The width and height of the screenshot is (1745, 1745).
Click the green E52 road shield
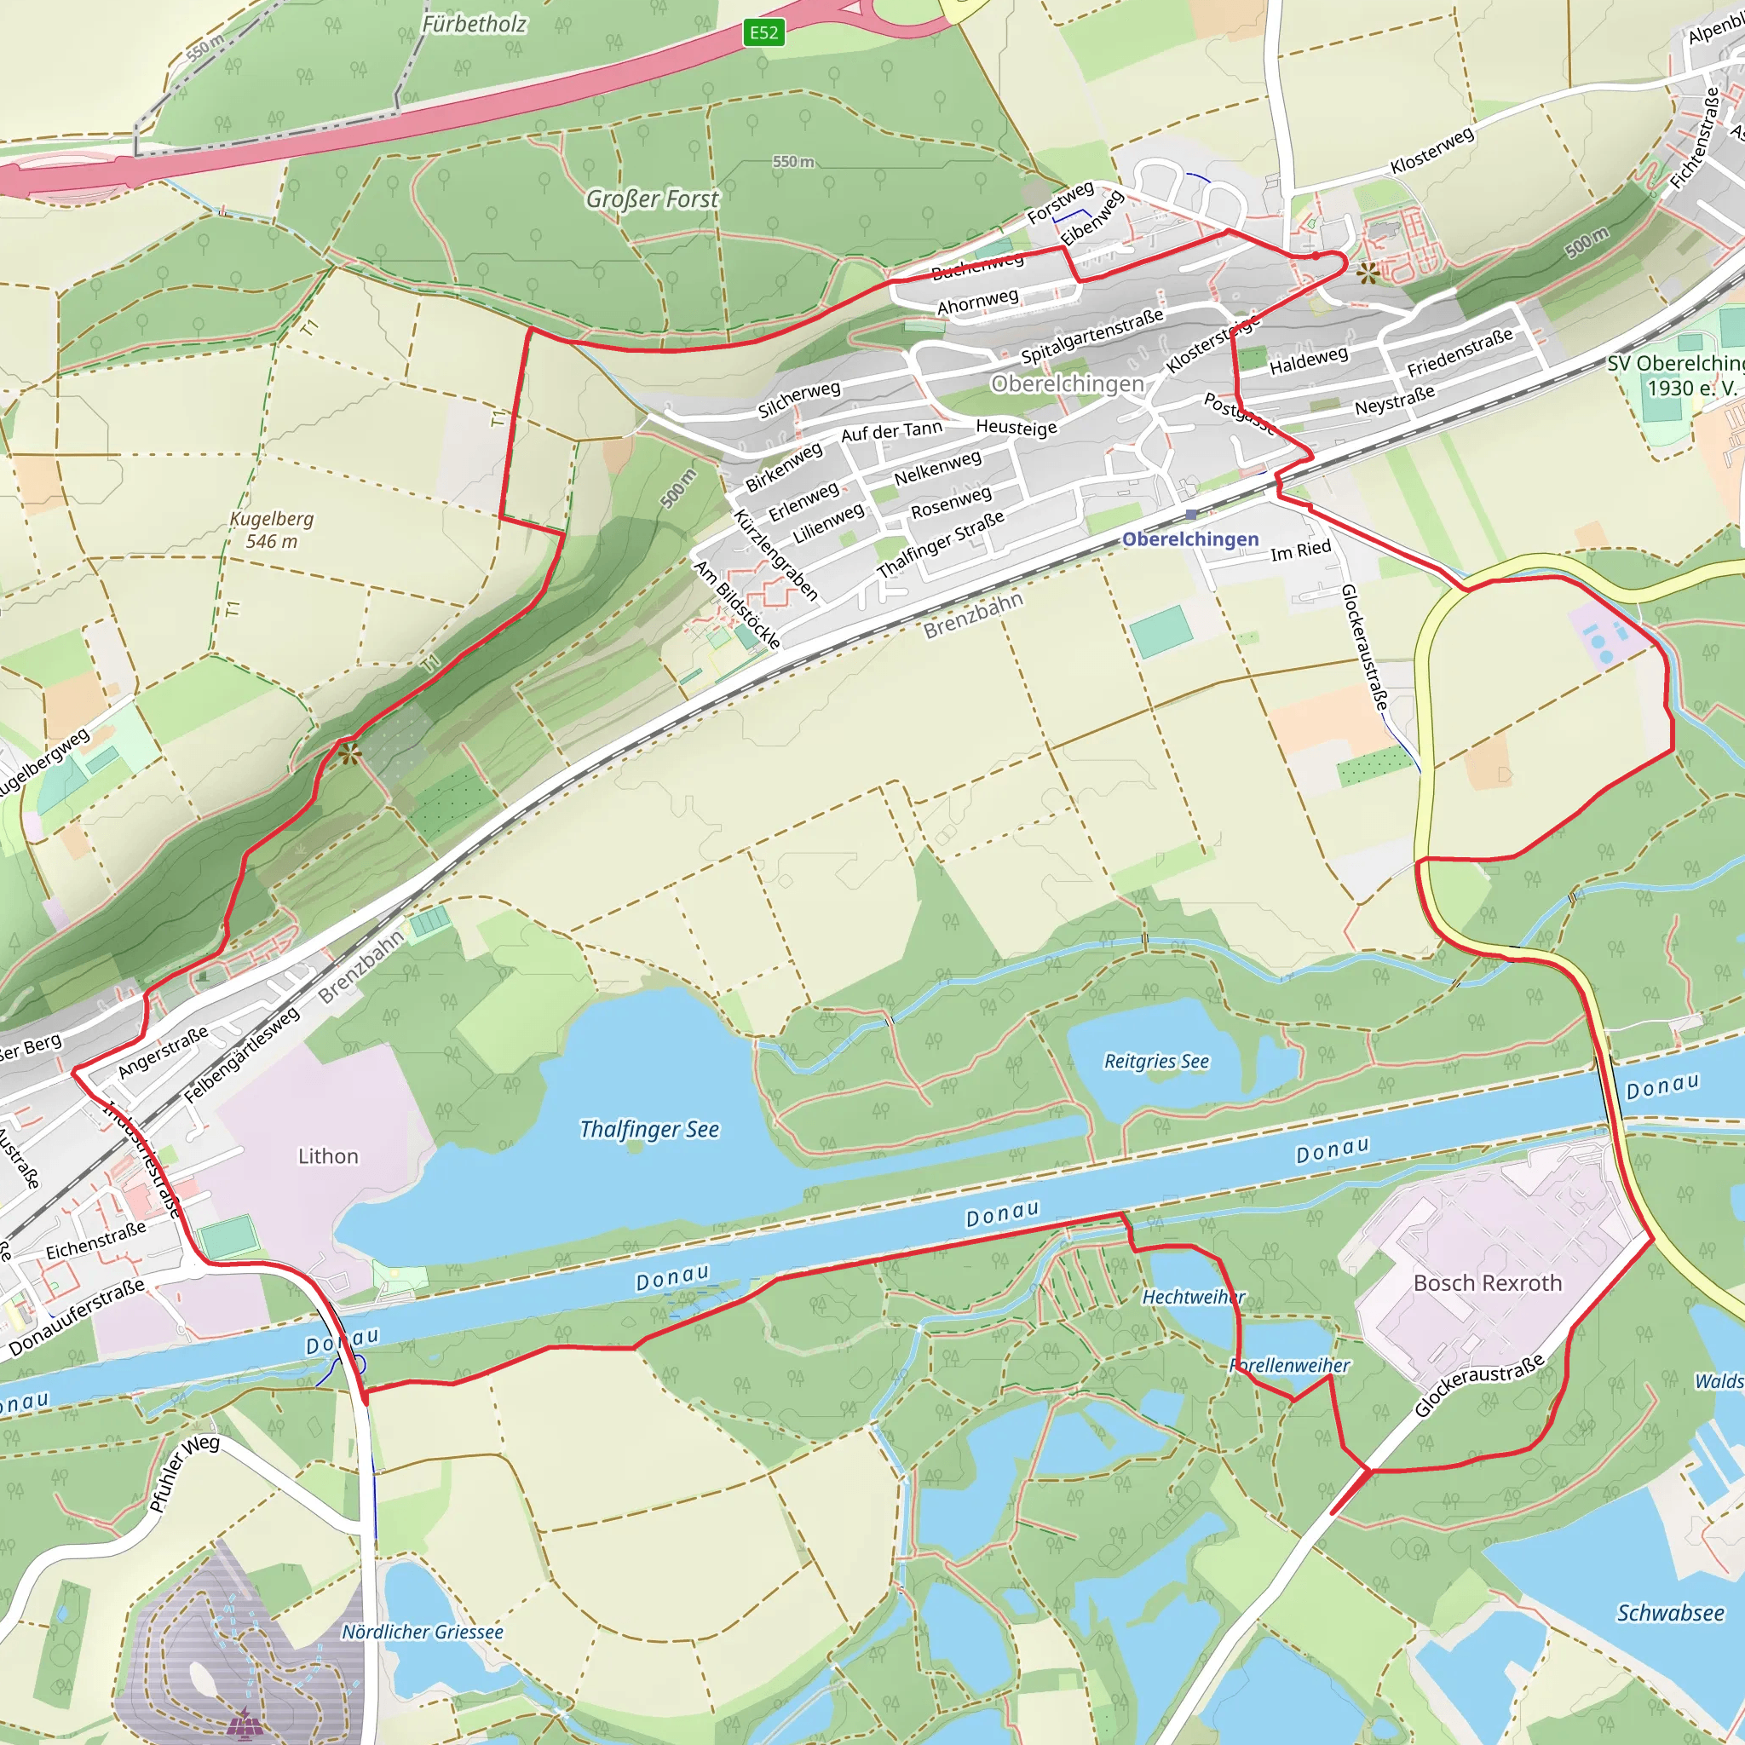click(x=763, y=33)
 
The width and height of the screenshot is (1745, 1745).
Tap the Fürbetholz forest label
click(x=475, y=25)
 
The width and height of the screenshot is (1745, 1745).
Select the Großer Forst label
click(x=652, y=199)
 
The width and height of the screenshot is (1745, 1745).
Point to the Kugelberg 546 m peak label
click(x=272, y=530)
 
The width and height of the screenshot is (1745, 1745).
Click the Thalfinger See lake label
click(x=649, y=1129)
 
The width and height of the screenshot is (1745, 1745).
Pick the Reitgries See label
click(x=1156, y=1062)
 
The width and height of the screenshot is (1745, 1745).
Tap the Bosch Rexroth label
click(x=1488, y=1282)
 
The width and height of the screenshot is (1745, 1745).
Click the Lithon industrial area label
click(x=328, y=1156)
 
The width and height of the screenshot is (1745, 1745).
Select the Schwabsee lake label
click(x=1670, y=1612)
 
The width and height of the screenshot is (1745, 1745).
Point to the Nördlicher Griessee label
click(x=422, y=1631)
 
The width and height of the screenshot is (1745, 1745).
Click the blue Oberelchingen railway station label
click(x=1189, y=539)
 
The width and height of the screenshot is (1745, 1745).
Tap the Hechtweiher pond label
click(x=1193, y=1297)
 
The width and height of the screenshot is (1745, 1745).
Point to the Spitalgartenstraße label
click(x=1092, y=336)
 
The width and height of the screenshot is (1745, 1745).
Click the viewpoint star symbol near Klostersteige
click(x=1368, y=272)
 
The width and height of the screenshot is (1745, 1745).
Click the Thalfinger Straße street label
click(x=941, y=544)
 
